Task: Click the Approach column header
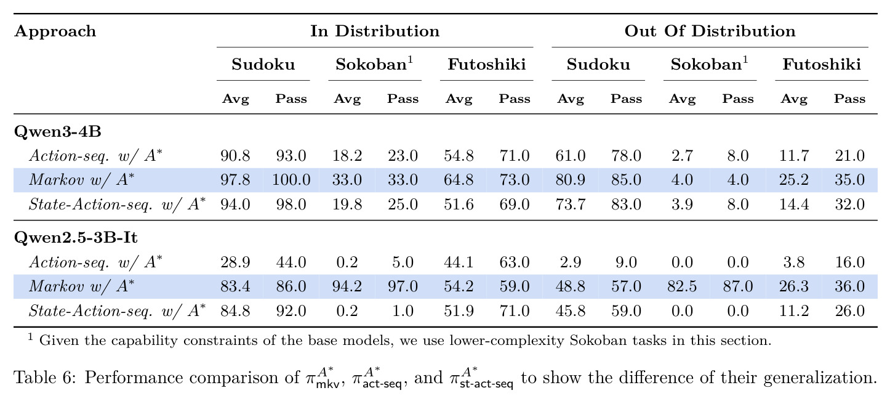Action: [55, 31]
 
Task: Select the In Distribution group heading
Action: [375, 31]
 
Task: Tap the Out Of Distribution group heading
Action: [710, 31]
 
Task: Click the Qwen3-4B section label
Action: [58, 131]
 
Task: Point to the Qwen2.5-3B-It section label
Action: [76, 238]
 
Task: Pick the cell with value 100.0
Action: [291, 180]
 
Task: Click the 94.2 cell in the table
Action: [347, 286]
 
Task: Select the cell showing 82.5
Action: [682, 286]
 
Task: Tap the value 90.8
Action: [235, 156]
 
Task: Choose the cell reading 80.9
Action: [570, 180]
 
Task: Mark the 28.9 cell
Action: [235, 262]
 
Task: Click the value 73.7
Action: [570, 205]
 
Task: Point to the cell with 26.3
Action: [793, 286]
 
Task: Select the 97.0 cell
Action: [403, 286]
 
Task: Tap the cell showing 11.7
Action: [793, 156]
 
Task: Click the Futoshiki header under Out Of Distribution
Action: [822, 65]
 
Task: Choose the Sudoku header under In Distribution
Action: [263, 65]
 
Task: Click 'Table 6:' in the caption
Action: [44, 378]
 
